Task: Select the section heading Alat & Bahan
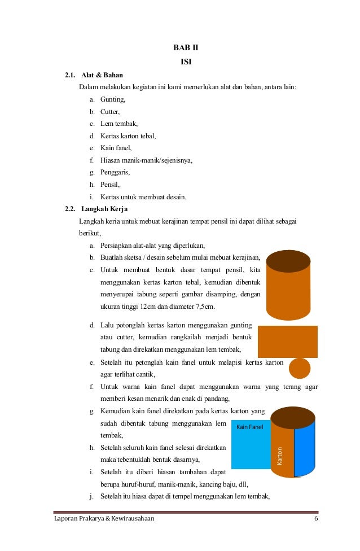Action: (102, 75)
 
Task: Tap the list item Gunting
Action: (113, 99)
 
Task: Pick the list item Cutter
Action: (111, 111)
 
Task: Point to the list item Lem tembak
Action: (119, 124)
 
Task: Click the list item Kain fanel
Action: (116, 148)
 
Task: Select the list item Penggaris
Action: (115, 172)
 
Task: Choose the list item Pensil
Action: (110, 185)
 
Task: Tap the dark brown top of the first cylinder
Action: (288, 261)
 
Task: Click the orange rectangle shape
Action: (287, 342)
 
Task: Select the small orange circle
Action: (300, 368)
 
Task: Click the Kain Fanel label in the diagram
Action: (249, 426)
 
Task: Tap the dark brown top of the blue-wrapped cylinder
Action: (292, 417)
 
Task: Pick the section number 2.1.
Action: (70, 75)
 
